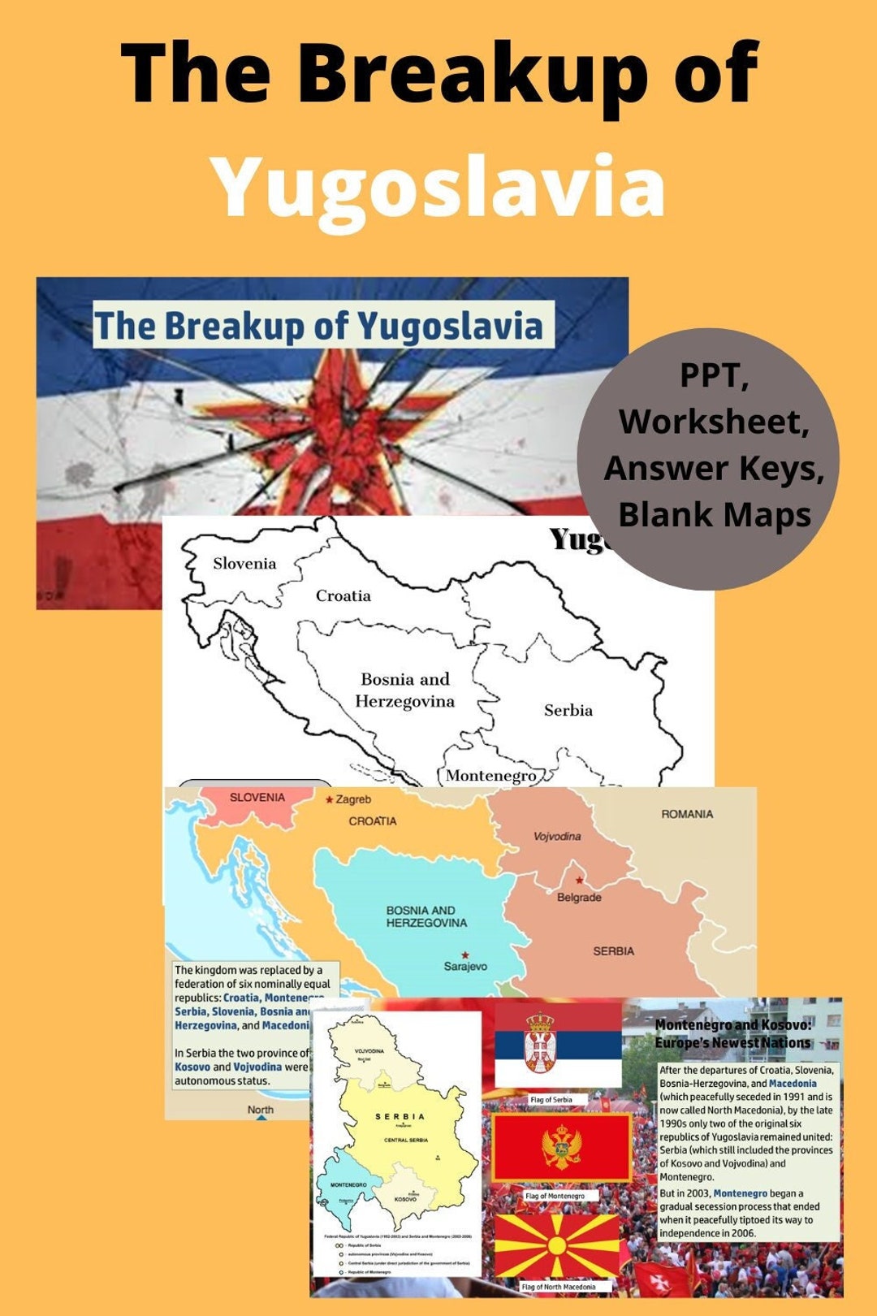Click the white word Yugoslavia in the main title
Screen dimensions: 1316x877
438,187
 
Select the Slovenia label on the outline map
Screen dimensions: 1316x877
244,563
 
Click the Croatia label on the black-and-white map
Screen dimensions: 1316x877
343,595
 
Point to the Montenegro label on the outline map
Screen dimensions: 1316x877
490,775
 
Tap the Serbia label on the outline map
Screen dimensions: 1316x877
568,710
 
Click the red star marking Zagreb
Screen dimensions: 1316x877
329,799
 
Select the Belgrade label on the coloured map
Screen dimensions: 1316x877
579,897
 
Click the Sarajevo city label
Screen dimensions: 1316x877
465,966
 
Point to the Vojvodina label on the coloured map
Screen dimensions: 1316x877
557,836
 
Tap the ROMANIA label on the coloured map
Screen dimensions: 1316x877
687,814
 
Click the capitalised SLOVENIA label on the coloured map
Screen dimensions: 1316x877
257,797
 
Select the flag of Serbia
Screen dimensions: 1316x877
558,1046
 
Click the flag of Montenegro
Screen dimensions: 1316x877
561,1148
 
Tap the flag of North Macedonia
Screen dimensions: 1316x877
557,1245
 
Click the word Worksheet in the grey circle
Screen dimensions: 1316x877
714,421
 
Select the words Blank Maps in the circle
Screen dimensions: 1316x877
715,514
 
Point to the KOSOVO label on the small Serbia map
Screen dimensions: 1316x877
405,1198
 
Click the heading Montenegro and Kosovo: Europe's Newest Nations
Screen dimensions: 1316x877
732,1033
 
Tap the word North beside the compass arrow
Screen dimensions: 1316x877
260,1109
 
